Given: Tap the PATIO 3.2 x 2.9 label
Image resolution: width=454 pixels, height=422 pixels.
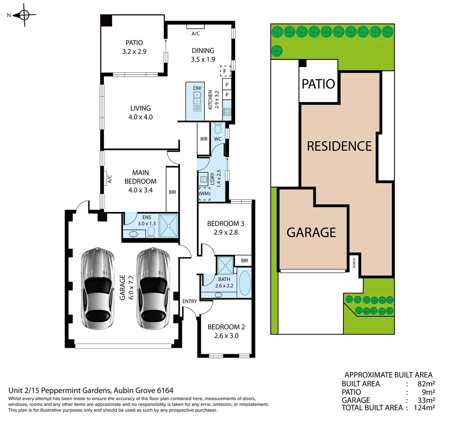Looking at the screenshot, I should pos(134,47).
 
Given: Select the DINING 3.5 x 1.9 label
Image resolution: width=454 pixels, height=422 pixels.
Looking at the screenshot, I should pos(203,55).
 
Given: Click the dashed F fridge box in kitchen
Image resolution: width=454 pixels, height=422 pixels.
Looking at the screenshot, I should pos(225,71).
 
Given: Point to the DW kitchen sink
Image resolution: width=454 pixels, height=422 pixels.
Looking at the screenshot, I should pos(197,100).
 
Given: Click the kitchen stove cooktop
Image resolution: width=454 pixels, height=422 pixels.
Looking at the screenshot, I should pos(227,112).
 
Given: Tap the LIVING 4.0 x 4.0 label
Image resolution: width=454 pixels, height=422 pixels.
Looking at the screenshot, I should pos(141,113).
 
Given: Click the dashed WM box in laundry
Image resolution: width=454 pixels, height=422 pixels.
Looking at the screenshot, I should pos(204,194).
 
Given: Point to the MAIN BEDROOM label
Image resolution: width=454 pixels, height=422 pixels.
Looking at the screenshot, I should pos(140,181).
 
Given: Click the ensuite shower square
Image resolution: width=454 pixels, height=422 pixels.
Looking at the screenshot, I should pos(168,225).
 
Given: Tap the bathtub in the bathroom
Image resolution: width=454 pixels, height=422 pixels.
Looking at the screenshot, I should pos(245,283).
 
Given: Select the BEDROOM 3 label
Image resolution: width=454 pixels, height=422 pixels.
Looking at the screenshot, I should pos(225,228).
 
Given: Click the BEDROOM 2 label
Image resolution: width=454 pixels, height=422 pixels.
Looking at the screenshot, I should pos(226,331).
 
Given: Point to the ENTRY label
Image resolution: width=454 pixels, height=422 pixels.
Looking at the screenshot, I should pos(189,301).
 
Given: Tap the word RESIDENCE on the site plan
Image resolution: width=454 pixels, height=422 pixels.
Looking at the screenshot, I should pos(339,146).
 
